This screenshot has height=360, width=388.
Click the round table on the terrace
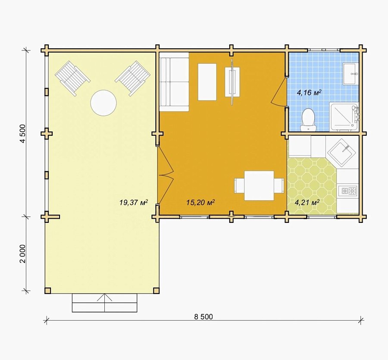click(103, 103)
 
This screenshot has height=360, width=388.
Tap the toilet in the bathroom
click(308, 120)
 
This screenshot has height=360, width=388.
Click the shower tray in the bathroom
click(344, 117)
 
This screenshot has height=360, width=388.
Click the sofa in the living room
click(174, 82)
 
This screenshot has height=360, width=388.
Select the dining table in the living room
click(259, 185)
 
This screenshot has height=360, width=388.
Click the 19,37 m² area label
click(134, 203)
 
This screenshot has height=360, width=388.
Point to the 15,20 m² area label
click(200, 203)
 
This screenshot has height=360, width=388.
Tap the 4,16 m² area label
click(309, 93)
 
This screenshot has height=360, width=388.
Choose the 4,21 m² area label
click(307, 203)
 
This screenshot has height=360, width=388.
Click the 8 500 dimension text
click(203, 317)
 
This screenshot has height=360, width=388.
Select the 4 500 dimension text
click(23, 134)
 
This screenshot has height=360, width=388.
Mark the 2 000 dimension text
click(23, 254)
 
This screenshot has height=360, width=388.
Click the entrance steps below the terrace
click(105, 303)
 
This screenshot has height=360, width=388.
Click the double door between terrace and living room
click(166, 175)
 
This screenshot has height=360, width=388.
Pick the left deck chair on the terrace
click(72, 78)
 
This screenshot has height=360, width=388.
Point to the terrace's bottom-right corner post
click(156, 291)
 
